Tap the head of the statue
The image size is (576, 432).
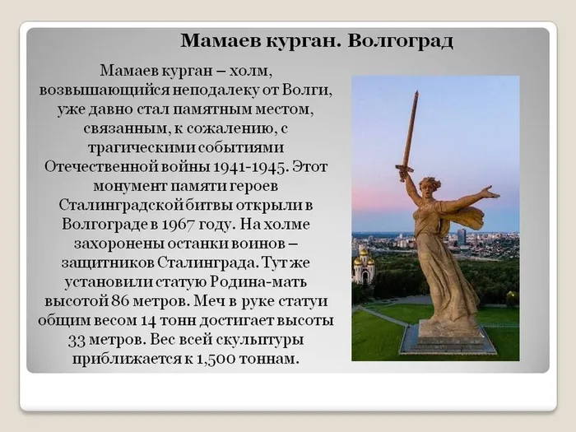[430, 185]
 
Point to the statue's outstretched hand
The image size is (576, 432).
[492, 193]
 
